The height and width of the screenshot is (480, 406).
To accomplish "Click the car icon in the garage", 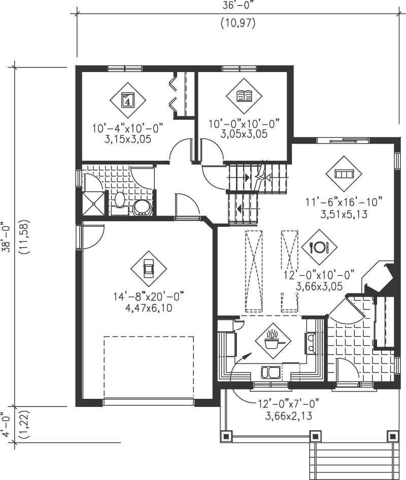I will (148, 268).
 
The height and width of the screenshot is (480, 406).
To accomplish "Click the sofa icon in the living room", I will (344, 174).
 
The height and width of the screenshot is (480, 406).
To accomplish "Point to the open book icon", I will (245, 95).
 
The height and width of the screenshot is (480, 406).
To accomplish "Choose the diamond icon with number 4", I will (128, 99).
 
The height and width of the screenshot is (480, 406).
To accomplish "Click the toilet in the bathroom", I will (120, 199).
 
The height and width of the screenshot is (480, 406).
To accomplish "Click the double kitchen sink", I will (270, 373).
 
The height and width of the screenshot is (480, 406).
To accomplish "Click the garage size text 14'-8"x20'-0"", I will (148, 296).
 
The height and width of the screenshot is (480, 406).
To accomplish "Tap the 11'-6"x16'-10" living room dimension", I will (344, 202).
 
